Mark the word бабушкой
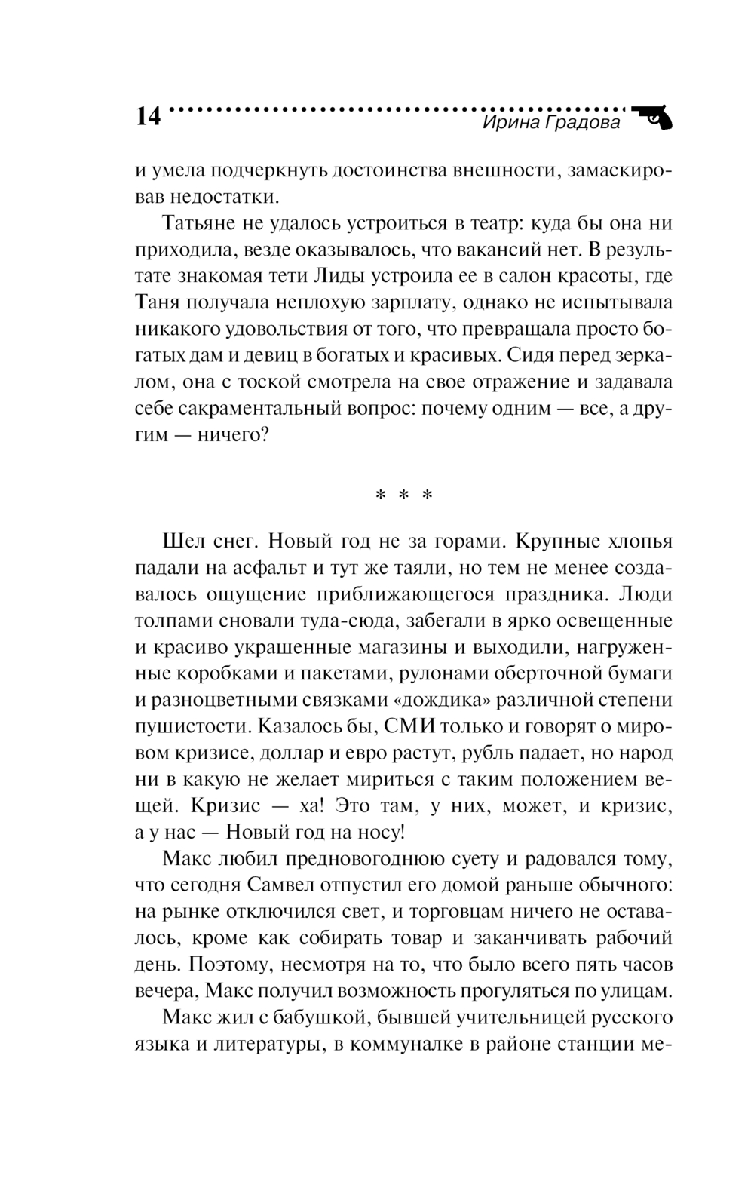pyautogui.click(x=320, y=1019)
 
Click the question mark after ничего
pyautogui.click(x=261, y=436)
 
